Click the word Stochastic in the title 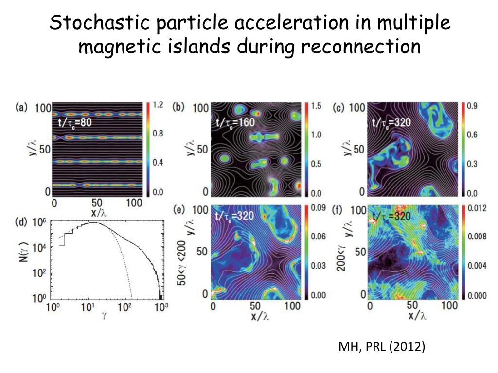click(91, 22)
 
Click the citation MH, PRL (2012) click(382, 347)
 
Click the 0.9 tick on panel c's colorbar click(472, 106)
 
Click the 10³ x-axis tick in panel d click(161, 307)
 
